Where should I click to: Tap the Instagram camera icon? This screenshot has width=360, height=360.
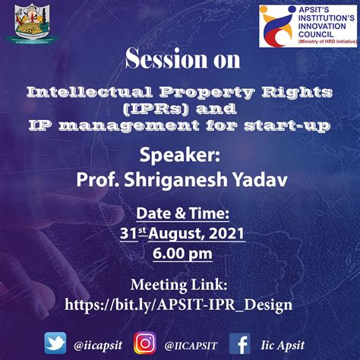(144, 343)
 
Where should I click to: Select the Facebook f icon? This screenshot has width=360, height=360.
(240, 343)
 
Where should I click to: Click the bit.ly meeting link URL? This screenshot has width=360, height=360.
(180, 305)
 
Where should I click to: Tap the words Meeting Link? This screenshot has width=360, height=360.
(180, 285)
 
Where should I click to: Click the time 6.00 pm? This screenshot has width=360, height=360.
(180, 252)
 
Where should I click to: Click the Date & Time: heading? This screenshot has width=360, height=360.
(180, 213)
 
